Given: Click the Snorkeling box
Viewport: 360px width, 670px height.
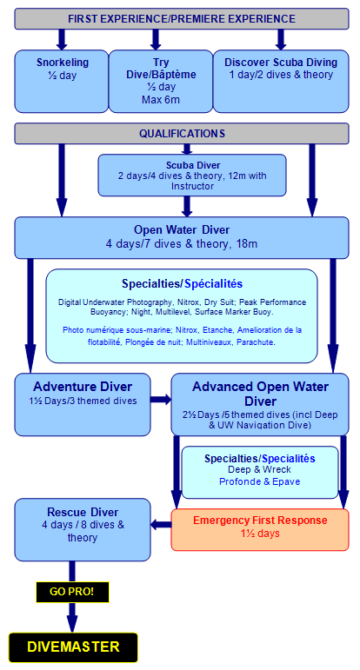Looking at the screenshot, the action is click(62, 81).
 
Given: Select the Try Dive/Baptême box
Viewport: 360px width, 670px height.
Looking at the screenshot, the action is click(161, 81).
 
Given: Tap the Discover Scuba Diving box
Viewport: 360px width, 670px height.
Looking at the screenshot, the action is click(281, 81).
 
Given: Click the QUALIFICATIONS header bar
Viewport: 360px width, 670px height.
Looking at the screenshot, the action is click(182, 133).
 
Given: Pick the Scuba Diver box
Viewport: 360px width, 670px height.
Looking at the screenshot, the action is click(192, 176).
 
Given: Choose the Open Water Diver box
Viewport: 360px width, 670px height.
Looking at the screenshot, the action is click(182, 237).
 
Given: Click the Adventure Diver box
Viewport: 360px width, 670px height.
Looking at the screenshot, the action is click(83, 404).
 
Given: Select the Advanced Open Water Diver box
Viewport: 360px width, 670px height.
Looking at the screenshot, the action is click(260, 404).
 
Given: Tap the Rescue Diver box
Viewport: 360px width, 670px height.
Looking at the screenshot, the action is click(83, 529).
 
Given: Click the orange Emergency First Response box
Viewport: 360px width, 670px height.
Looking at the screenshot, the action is click(260, 529).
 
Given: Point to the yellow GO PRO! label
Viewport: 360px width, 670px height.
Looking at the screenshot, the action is click(72, 593).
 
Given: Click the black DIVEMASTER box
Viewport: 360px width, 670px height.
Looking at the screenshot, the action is click(73, 647).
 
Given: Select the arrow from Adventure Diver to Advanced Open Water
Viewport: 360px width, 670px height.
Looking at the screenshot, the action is click(161, 400).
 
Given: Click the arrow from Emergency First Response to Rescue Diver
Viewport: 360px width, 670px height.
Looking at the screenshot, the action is click(161, 524).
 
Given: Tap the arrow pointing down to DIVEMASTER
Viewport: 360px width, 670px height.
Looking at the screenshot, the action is click(72, 618).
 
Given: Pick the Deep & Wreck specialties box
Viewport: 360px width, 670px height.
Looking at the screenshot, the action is click(260, 472).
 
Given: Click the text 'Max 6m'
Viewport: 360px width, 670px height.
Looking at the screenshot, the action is click(161, 100).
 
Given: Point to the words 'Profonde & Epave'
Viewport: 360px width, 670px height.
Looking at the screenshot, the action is click(259, 481).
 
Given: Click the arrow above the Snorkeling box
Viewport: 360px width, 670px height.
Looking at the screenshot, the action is click(62, 40).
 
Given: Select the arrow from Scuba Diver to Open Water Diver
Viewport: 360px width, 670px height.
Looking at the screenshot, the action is click(187, 206).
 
